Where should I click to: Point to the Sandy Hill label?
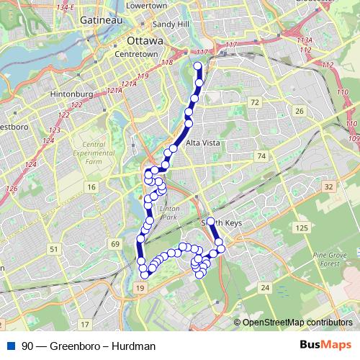(x=174, y=24)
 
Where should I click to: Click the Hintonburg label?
(x=69, y=94)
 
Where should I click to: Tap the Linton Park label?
(x=169, y=212)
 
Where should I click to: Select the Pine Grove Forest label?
(x=332, y=259)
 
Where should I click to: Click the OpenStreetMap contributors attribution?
(x=297, y=322)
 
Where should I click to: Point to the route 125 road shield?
(x=301, y=228)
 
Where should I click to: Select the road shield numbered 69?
(x=116, y=245)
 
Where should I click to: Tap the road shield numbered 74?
(x=261, y=156)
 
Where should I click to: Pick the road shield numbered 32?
(x=328, y=186)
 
